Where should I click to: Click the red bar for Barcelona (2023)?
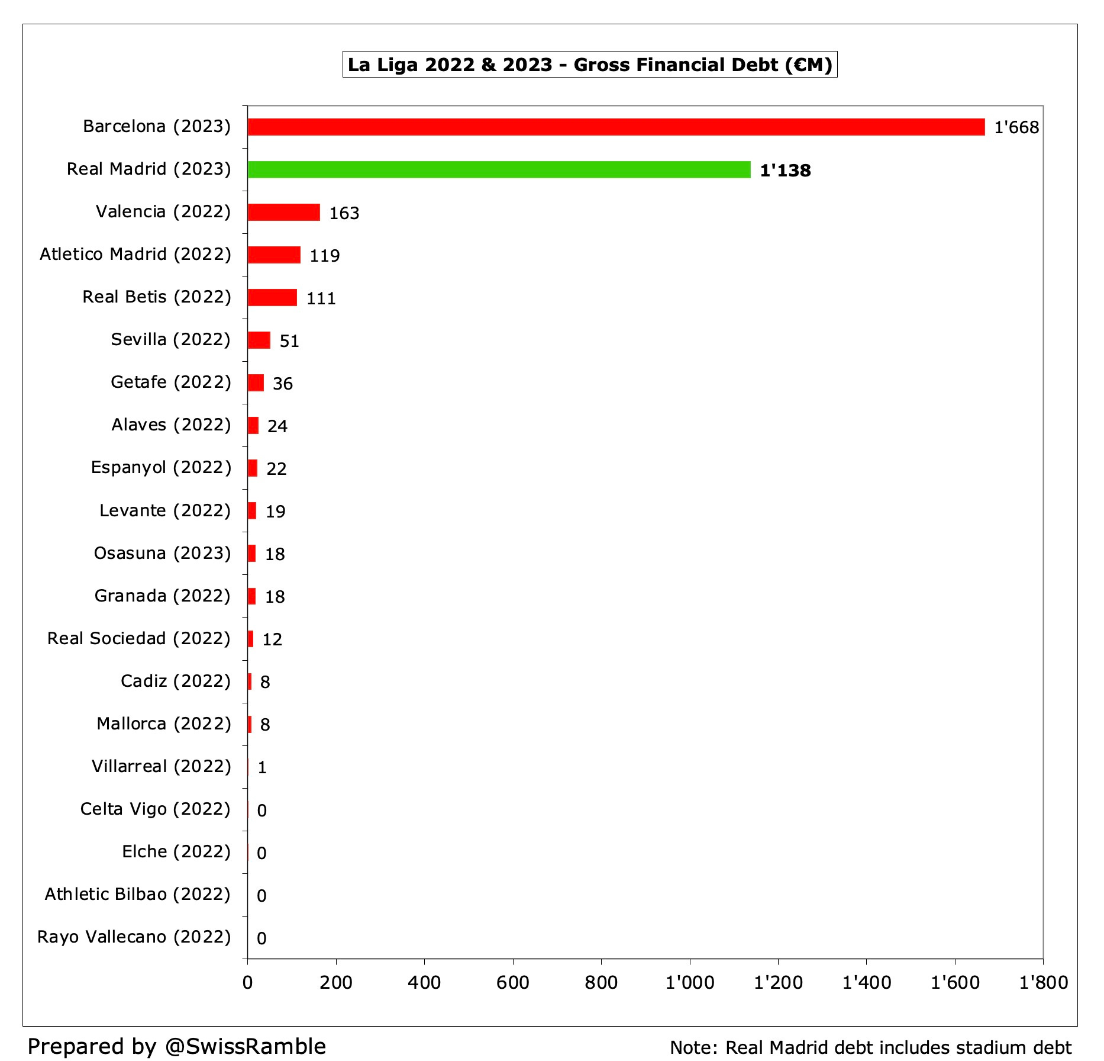coord(615,127)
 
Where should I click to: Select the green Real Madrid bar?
coord(499,170)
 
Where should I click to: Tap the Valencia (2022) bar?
coord(283,212)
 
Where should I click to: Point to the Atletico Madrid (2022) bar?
coord(274,255)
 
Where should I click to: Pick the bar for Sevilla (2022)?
coord(259,340)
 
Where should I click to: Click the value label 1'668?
coord(1016,127)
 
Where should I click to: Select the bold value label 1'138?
coord(785,171)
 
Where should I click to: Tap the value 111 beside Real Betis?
coord(321,298)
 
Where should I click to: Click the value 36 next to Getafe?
coord(283,384)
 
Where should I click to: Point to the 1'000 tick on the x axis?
coord(689,983)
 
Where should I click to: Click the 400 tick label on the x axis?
coord(424,983)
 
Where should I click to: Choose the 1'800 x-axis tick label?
coord(1043,983)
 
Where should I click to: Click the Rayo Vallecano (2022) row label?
coord(134,937)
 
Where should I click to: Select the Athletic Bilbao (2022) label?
coord(137,894)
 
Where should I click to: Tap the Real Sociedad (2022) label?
coord(138,638)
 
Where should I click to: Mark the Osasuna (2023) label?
coord(162,553)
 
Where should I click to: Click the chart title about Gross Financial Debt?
coord(589,65)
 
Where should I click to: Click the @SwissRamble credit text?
coord(176,1046)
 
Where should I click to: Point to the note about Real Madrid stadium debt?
coord(870,1047)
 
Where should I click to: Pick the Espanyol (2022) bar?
coord(253,468)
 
